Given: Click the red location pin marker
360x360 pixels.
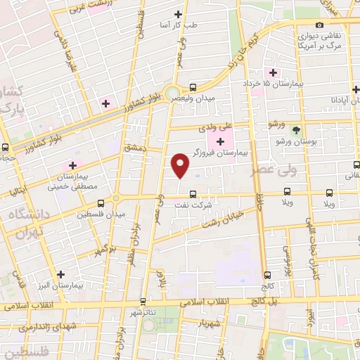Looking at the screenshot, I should pos(181,165).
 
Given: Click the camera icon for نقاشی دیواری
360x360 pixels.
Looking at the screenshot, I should pos(320,25).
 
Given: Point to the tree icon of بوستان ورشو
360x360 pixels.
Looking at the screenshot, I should pos(296,130).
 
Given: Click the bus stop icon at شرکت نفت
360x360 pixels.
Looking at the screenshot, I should pos(193,197).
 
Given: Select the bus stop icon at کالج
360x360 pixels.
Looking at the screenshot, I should pos(267,275).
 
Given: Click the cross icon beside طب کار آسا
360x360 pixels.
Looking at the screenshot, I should pos(177,14).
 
